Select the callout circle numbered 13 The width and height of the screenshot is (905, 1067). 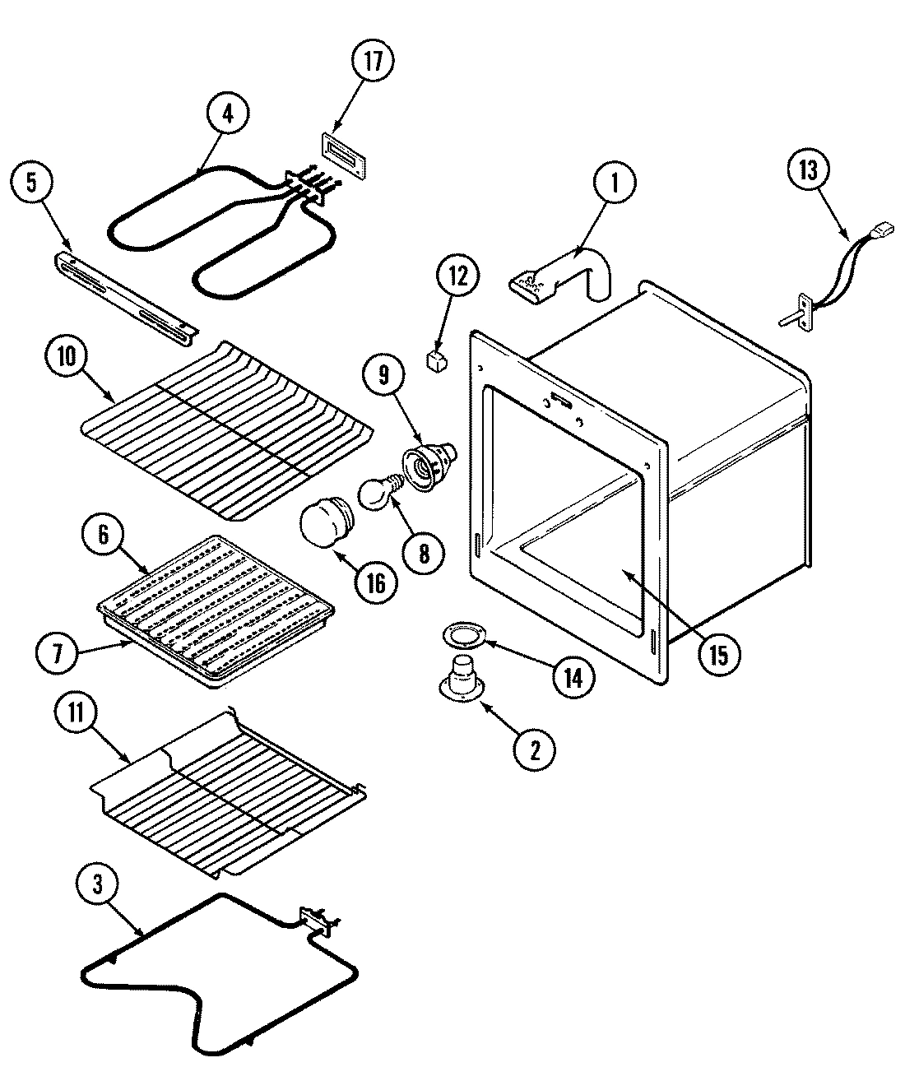809,170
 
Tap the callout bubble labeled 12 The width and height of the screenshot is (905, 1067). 458,276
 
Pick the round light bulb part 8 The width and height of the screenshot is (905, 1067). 374,495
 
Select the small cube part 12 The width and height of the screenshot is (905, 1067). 435,360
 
